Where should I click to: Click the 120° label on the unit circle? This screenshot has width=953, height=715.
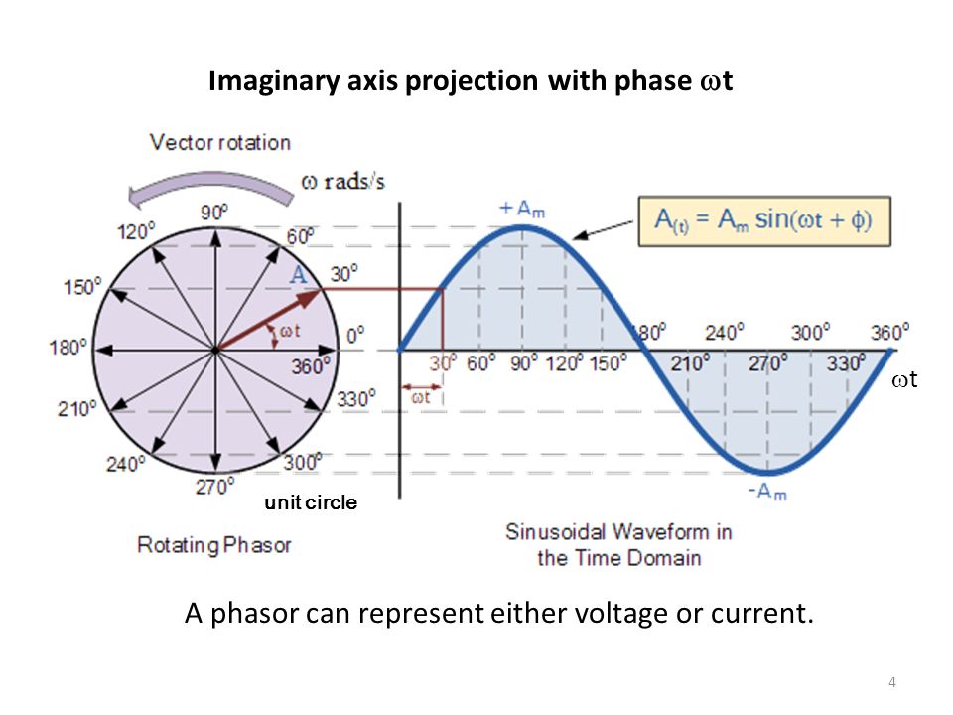pos(136,231)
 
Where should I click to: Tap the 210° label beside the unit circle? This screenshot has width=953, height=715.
pos(77,408)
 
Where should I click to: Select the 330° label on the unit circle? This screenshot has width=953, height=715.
pos(356,399)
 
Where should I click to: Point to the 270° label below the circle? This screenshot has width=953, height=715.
pos(214,487)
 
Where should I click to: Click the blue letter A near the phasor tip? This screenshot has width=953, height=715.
pos(298,275)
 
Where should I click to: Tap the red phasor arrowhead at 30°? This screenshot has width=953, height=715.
pos(309,297)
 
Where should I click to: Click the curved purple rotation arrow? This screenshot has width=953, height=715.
pos(209,188)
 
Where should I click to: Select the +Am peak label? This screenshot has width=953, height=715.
pos(521,210)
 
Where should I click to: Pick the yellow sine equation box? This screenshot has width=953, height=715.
pos(764,220)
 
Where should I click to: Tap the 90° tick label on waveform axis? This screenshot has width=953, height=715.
pos(524,363)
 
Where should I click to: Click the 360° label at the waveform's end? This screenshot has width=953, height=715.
pos(889,333)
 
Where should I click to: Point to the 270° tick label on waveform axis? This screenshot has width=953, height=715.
pos(767,363)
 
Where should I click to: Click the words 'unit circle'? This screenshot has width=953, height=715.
pos(311,502)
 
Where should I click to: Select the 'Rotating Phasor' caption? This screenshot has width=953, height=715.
pos(214,545)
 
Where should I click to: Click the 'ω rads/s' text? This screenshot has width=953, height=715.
pos(342,181)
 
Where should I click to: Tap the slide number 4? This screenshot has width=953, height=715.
pos(891,682)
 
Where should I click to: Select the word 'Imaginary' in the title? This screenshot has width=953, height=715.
pos(274,81)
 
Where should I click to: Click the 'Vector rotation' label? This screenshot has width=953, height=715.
pos(220,142)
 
